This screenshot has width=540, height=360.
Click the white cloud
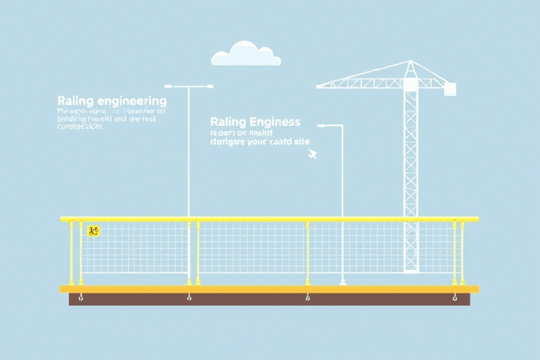click(x=246, y=54)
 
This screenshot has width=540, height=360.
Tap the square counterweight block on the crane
click(x=449, y=89)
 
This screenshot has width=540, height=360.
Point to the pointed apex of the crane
click(x=411, y=62)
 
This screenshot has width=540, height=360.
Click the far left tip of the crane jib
click(x=319, y=86)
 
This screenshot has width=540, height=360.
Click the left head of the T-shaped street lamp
click(x=171, y=87)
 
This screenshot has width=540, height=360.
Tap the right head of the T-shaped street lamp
click(x=207, y=87)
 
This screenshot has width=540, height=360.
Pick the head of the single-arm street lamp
click(x=322, y=126)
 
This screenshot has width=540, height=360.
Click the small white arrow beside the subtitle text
click(x=312, y=153)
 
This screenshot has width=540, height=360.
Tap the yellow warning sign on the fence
click(x=93, y=231)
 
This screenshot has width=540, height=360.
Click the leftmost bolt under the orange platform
click(x=80, y=298)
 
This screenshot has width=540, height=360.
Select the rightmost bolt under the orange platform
click(x=454, y=298)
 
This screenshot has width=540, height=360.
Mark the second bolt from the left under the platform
click(x=189, y=298)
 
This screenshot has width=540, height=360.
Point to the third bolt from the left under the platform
click(x=308, y=298)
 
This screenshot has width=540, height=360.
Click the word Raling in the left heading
click(x=73, y=101)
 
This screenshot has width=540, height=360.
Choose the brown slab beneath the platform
click(x=269, y=300)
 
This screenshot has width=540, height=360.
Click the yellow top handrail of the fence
click(x=269, y=219)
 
